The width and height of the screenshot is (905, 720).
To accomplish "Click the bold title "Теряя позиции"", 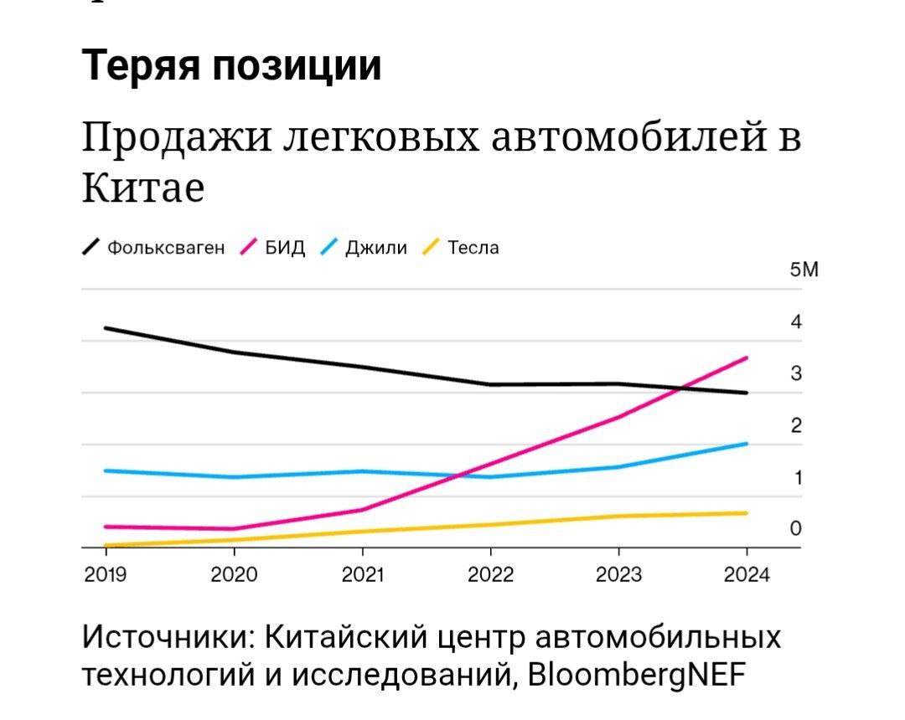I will [x=232, y=65].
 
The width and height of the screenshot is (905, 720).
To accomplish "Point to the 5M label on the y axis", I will [x=802, y=270].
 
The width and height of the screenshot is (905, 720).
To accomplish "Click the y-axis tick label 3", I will [x=796, y=373].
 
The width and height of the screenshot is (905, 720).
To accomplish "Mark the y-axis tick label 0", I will [x=796, y=528].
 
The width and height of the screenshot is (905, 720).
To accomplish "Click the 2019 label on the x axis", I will [x=106, y=575].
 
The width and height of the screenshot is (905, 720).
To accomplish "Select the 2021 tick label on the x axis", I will [x=362, y=575].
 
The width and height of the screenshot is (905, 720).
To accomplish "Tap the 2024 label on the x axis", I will [x=746, y=575].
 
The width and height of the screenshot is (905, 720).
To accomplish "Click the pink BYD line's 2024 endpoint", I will [x=746, y=358].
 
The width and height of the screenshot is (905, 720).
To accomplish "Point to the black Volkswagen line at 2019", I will [x=106, y=328].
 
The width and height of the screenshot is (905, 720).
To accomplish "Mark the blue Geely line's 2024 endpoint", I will [x=746, y=444].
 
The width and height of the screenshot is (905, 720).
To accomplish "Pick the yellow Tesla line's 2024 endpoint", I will [x=746, y=513].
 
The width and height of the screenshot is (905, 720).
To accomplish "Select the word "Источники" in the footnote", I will [x=168, y=636].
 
